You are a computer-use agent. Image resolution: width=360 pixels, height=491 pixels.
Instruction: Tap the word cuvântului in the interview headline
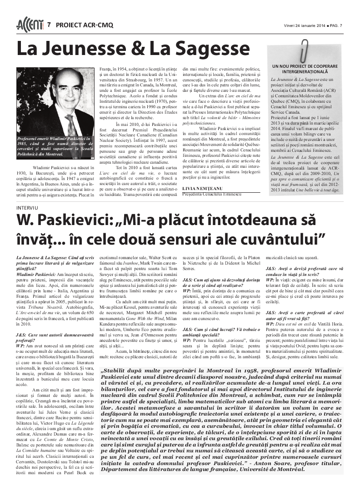[x=279, y=237]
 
